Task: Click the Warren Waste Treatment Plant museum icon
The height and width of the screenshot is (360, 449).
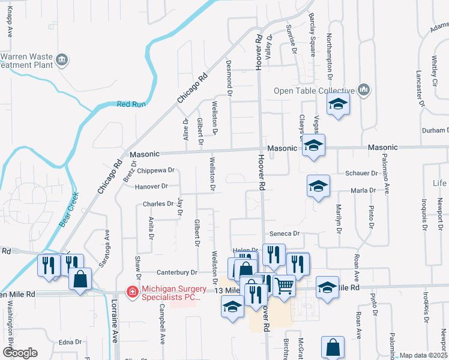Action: click(x=62, y=60)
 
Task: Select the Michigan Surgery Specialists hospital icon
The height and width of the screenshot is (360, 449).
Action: click(x=131, y=292)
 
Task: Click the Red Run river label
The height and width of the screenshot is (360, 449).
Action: click(x=131, y=104)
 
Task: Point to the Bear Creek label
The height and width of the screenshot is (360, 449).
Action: click(x=68, y=208)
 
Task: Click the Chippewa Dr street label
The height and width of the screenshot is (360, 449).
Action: click(x=155, y=170)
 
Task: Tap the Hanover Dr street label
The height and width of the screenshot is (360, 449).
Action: click(x=151, y=187)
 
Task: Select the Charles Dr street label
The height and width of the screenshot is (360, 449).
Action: click(x=158, y=204)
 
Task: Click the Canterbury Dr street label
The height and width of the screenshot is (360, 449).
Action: click(x=177, y=272)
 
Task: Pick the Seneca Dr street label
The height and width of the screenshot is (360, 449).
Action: click(x=288, y=233)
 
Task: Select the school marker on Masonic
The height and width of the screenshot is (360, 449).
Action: click(x=313, y=145)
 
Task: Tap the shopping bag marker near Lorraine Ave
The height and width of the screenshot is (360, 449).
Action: click(x=80, y=278)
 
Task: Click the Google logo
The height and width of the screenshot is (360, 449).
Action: click(x=19, y=353)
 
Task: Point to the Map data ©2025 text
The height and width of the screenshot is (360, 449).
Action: click(x=424, y=355)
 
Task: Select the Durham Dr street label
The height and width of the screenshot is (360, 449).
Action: click(x=435, y=130)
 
